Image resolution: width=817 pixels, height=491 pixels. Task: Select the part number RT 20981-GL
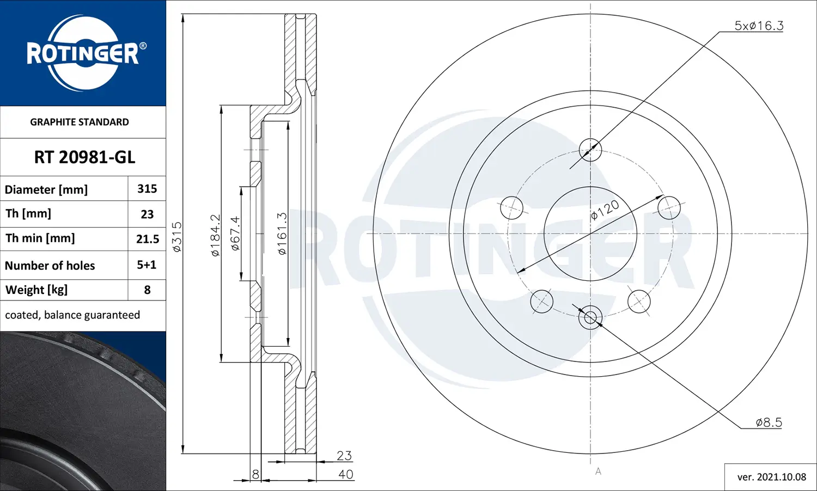click(84, 157)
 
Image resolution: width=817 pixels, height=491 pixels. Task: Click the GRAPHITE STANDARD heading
click(80, 122)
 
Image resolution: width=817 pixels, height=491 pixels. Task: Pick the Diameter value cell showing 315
click(147, 189)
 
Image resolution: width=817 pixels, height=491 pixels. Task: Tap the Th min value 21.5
click(148, 239)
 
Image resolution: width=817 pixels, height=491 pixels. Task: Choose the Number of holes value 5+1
click(147, 265)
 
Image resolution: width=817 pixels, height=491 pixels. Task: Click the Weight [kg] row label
click(36, 290)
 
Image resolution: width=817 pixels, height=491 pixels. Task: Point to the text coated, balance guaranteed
click(72, 315)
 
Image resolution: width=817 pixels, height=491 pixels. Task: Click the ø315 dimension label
click(177, 237)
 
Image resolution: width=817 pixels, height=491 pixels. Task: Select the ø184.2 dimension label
click(215, 235)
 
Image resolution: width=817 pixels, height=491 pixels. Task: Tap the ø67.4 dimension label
click(235, 233)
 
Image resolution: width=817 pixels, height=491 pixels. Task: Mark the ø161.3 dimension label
click(282, 234)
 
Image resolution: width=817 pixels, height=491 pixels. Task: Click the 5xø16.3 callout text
click(759, 26)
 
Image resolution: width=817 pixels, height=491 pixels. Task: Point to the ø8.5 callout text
click(769, 422)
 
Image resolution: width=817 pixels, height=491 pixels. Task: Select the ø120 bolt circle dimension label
click(605, 210)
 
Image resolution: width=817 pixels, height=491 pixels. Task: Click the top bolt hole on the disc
click(590, 150)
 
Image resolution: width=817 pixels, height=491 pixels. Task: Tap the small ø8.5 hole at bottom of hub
click(590, 317)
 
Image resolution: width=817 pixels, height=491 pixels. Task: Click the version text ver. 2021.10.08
click(771, 477)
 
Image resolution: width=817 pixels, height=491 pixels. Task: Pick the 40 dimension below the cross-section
click(345, 474)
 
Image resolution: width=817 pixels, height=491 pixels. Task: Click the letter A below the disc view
click(598, 471)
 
